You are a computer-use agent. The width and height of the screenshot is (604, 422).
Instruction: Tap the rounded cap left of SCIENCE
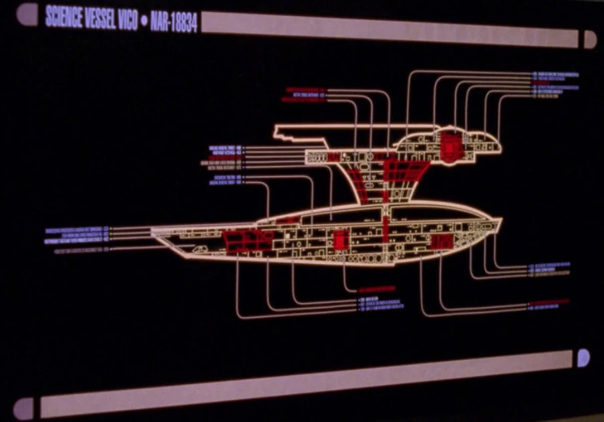click(x=27, y=14)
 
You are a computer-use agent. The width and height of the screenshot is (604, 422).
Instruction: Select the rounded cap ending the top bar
click(x=590, y=39)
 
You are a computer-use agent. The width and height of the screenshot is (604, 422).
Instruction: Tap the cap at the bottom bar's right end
click(x=583, y=358)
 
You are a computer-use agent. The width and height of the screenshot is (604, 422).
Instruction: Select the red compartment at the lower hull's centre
click(x=341, y=239)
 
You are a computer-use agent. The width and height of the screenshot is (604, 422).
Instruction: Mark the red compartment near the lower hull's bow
click(x=440, y=241)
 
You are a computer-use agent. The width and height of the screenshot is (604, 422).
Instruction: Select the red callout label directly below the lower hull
click(x=377, y=289)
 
